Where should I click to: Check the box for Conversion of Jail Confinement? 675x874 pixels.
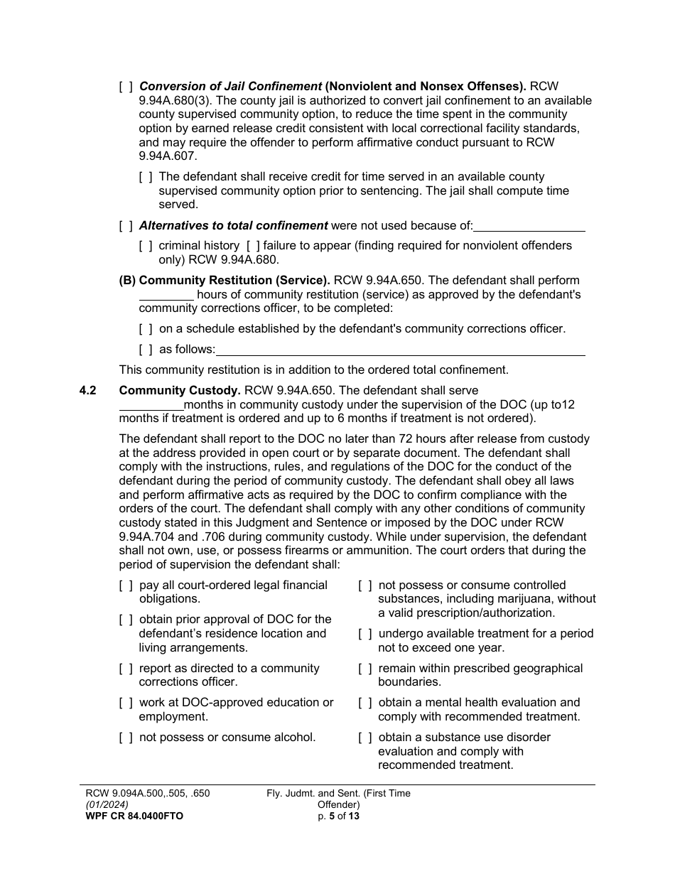tap(126, 87)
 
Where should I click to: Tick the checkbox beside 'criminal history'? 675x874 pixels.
tap(146, 246)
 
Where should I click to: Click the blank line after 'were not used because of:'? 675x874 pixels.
tap(529, 227)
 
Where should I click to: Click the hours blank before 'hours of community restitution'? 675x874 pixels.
tap(166, 295)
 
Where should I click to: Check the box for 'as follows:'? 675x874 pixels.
tap(146, 350)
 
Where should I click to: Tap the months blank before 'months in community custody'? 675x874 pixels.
tap(151, 405)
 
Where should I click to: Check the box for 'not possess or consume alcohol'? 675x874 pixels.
tap(126, 738)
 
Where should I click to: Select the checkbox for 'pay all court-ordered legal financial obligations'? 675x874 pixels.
tap(126, 586)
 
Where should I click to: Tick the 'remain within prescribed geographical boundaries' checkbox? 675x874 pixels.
tap(365, 669)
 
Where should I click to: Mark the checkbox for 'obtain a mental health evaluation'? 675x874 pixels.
tap(365, 703)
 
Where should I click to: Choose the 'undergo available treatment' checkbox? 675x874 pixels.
tap(365, 634)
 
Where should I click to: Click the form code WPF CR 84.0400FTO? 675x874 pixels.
tap(134, 816)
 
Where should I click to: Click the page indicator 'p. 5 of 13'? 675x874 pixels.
tap(338, 816)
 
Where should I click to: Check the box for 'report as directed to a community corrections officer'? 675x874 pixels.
tap(126, 669)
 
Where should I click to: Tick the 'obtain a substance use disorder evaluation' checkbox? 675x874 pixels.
tap(365, 738)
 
